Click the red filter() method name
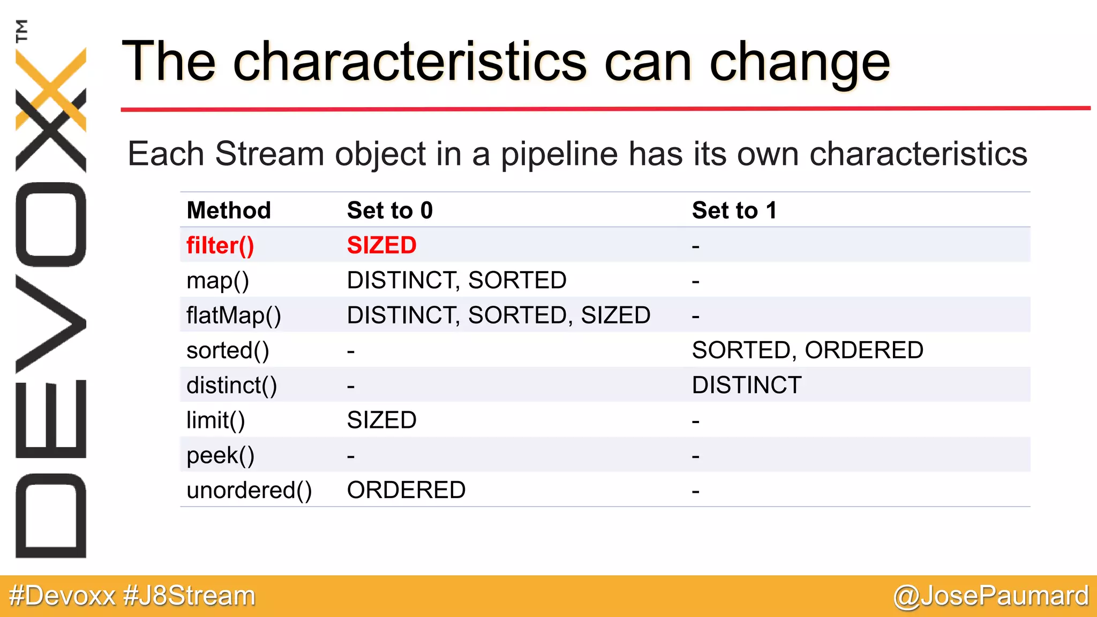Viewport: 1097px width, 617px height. (220, 245)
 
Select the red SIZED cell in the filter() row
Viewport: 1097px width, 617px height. (381, 245)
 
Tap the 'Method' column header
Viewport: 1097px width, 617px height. (229, 210)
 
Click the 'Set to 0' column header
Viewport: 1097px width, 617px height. (389, 210)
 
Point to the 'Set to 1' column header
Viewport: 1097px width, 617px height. (734, 210)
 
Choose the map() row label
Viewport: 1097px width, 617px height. (217, 281)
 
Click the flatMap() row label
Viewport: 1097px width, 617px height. (234, 315)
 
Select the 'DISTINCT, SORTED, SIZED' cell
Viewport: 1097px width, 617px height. (498, 315)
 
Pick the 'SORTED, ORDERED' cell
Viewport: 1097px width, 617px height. (807, 350)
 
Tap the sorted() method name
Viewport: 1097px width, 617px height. (228, 351)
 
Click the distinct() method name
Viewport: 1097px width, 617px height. (231, 386)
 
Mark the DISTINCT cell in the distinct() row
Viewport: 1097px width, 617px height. (747, 386)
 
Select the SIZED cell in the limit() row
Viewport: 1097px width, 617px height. (381, 420)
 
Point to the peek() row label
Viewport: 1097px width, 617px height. (220, 456)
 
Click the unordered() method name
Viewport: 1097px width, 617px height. (249, 491)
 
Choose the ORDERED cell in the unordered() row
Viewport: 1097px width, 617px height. (406, 491)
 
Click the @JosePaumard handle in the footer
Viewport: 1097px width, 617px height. (990, 596)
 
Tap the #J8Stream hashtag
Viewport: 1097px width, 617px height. (189, 596)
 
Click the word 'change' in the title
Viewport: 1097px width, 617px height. (799, 63)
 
